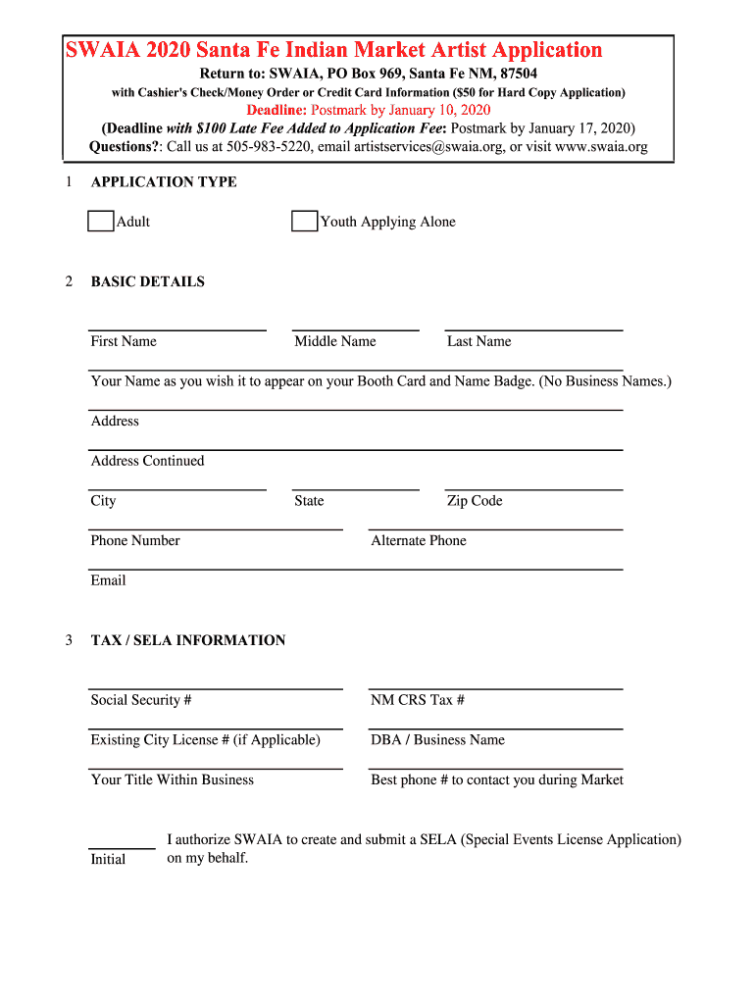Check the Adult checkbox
(x=101, y=222)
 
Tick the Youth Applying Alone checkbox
(x=304, y=222)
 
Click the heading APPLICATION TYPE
(x=164, y=182)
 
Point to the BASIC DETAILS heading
(x=148, y=282)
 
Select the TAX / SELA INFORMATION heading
(x=188, y=641)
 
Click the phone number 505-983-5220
(x=269, y=147)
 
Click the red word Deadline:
(x=277, y=110)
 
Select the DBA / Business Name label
(x=437, y=740)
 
